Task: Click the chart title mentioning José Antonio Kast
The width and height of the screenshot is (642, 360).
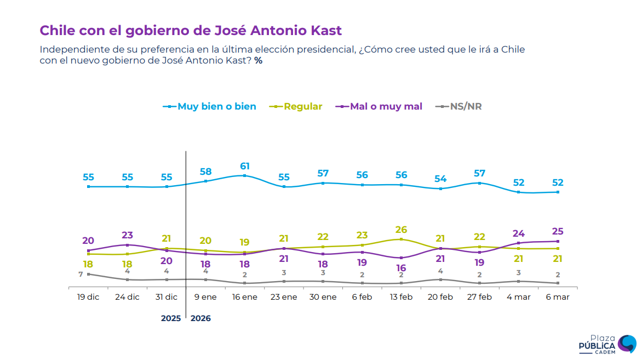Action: pyautogui.click(x=191, y=30)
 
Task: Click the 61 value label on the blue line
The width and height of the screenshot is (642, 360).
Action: pyautogui.click(x=245, y=166)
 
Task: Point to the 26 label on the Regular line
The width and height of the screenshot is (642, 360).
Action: pyautogui.click(x=402, y=230)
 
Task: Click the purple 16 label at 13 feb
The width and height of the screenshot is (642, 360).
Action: pyautogui.click(x=402, y=268)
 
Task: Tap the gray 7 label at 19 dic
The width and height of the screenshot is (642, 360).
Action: pyautogui.click(x=81, y=274)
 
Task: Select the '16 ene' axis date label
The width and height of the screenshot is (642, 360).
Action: pyautogui.click(x=245, y=297)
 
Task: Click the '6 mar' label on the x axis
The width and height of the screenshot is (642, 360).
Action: pyautogui.click(x=558, y=297)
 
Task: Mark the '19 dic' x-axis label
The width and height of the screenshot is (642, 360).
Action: pyautogui.click(x=88, y=297)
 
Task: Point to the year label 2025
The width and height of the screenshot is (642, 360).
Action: pyautogui.click(x=170, y=318)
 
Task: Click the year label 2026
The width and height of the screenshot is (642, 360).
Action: pyautogui.click(x=200, y=318)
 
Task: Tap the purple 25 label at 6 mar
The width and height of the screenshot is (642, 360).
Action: pyautogui.click(x=558, y=231)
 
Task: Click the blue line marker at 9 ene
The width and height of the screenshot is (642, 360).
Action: pyautogui.click(x=206, y=181)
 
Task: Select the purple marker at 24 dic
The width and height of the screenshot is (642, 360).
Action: pyautogui.click(x=128, y=245)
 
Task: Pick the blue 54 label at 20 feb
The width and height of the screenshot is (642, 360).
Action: pyautogui.click(x=440, y=179)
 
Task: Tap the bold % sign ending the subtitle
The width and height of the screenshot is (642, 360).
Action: pyautogui.click(x=258, y=61)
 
